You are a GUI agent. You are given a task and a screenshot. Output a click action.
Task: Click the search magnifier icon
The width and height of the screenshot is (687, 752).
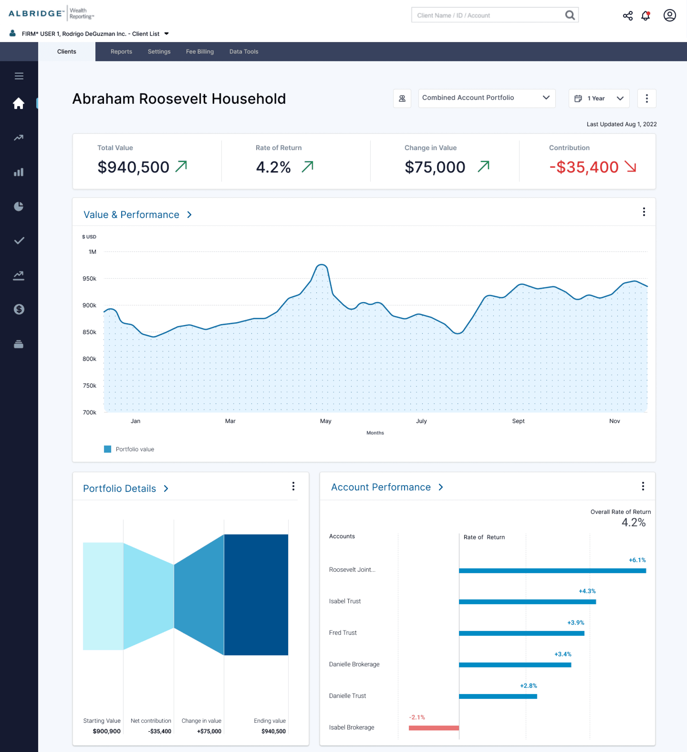tap(570, 15)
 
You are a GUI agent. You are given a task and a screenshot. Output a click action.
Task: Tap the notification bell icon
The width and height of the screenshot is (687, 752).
tap(646, 15)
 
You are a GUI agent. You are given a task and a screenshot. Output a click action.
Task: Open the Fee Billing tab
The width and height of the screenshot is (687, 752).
tap(200, 52)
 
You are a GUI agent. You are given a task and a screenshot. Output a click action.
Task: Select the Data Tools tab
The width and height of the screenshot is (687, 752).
tap(244, 52)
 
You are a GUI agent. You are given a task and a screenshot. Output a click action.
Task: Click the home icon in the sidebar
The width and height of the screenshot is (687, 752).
tap(19, 103)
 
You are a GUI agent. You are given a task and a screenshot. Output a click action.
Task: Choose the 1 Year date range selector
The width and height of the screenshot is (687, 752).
tap(599, 99)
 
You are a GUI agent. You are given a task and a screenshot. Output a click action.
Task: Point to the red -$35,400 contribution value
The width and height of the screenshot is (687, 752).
tap(584, 167)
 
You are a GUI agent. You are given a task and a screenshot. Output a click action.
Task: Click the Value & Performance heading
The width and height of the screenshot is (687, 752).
tap(131, 214)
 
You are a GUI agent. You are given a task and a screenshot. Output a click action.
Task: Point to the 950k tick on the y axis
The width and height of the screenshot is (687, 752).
tap(89, 279)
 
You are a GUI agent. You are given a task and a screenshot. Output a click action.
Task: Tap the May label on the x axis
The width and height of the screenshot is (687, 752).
tap(326, 421)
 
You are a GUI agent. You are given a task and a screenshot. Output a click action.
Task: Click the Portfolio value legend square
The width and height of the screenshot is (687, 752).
tap(107, 449)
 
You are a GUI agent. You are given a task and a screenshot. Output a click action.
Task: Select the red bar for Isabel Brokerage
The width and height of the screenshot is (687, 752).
tap(434, 728)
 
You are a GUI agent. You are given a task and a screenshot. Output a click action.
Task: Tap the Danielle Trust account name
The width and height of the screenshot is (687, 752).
tap(347, 696)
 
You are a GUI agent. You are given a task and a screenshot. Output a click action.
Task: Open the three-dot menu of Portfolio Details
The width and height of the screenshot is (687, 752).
tap(293, 486)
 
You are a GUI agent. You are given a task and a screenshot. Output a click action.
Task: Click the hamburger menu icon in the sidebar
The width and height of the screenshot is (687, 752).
tap(19, 76)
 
